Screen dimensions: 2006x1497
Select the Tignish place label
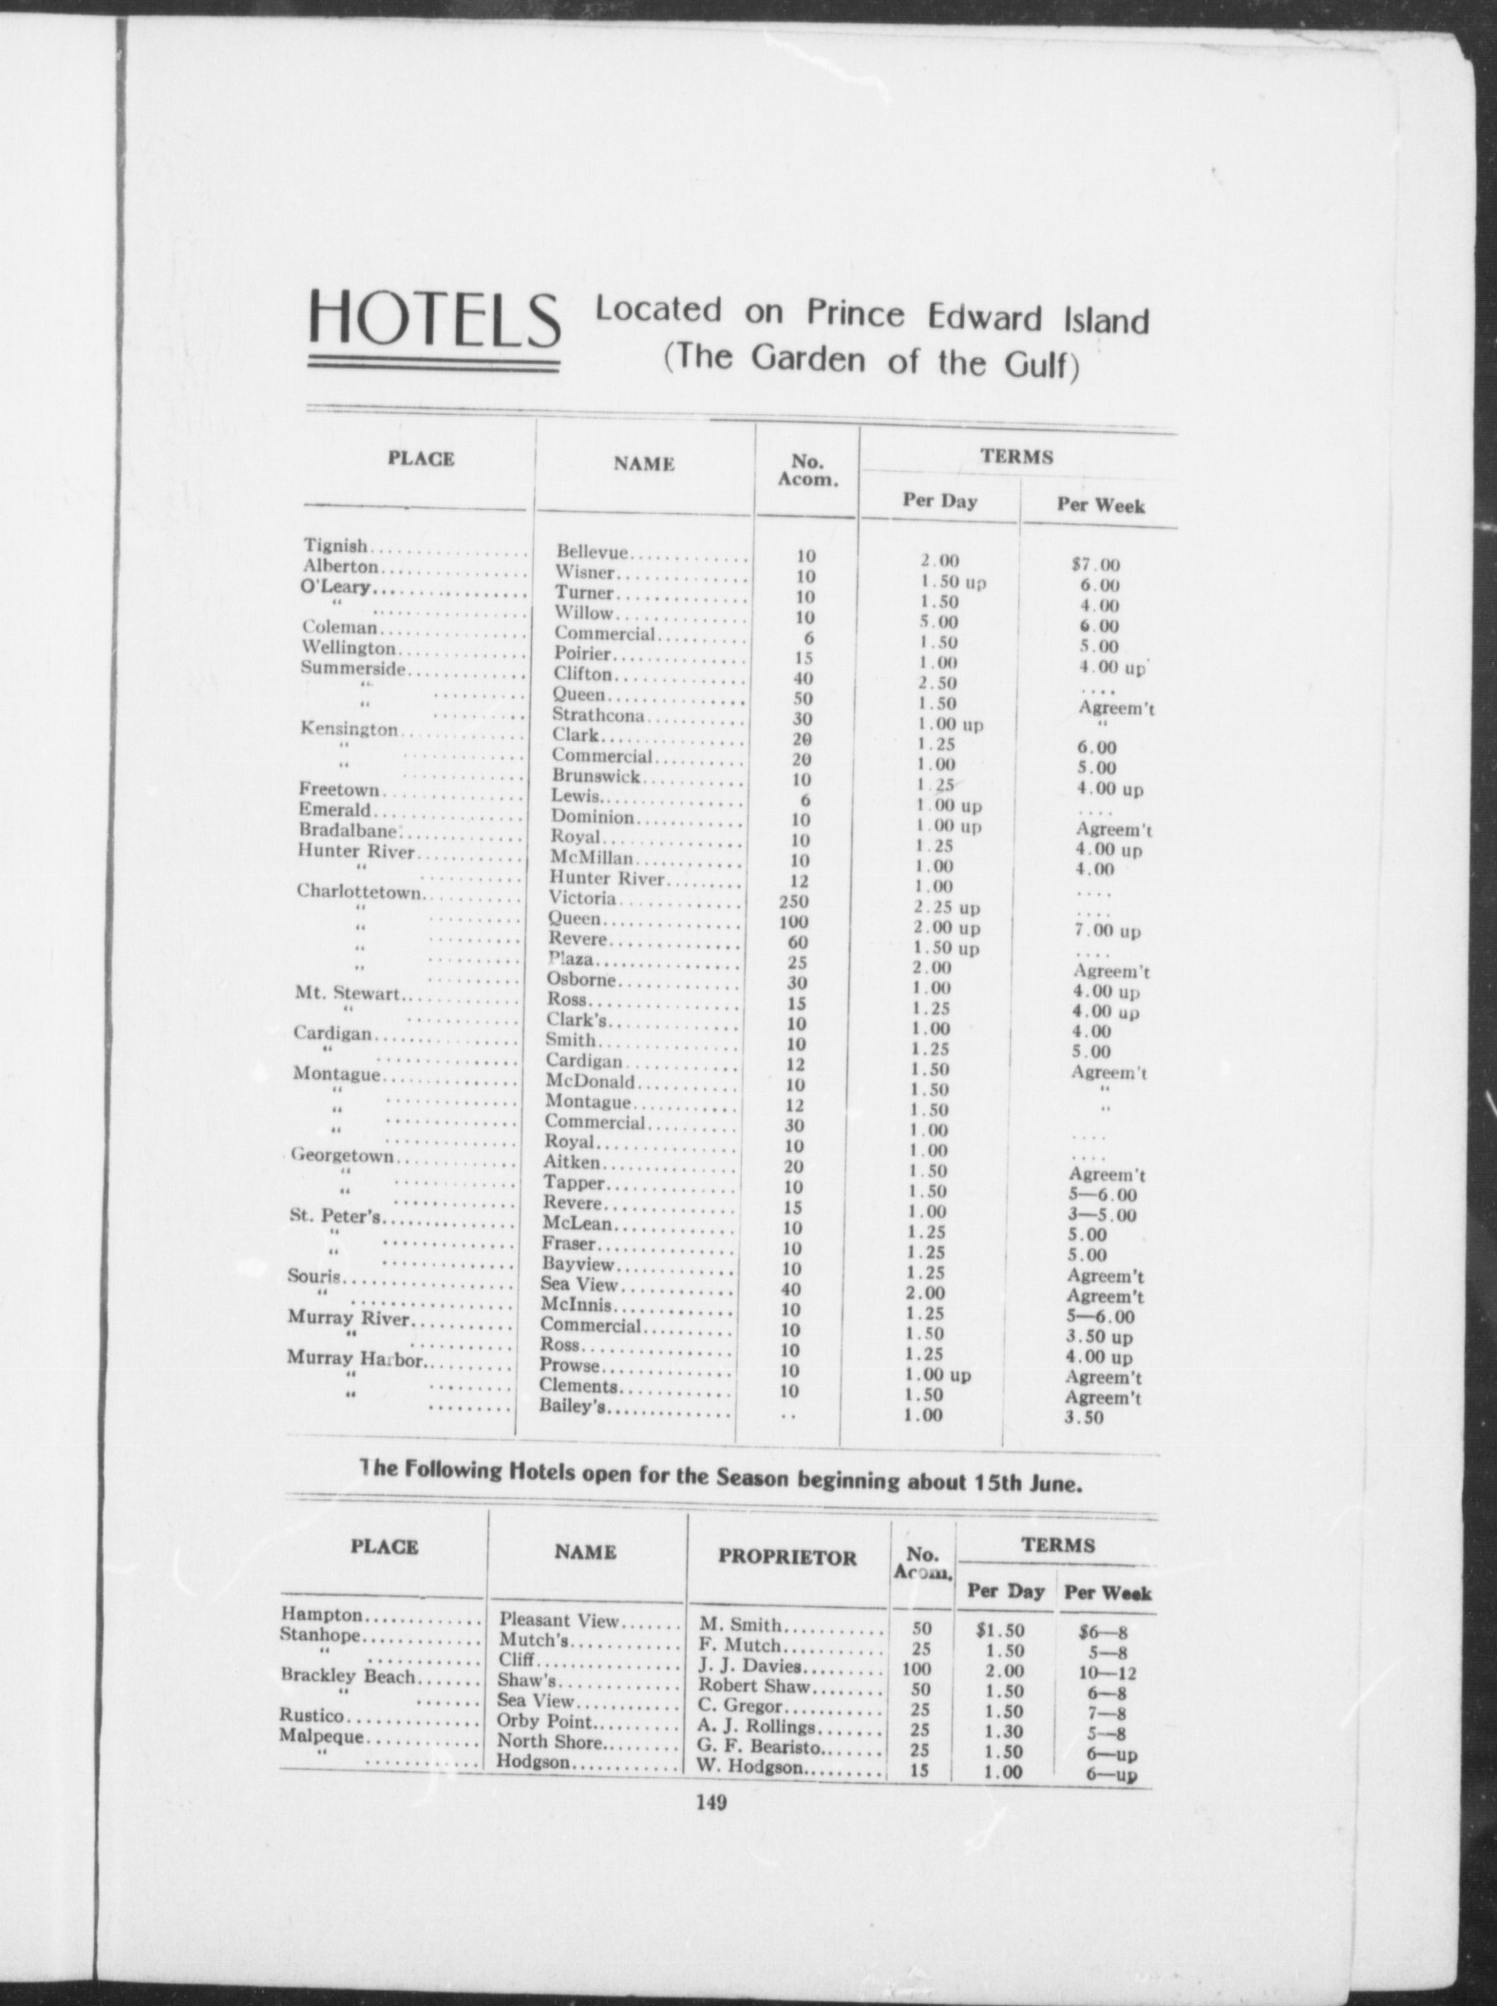tap(336, 546)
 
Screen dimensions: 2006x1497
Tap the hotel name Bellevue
tap(593, 552)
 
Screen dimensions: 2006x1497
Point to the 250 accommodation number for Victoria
tap(794, 902)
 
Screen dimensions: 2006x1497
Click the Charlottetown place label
tap(358, 892)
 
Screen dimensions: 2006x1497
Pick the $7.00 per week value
tap(1094, 566)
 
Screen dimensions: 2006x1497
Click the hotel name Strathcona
tap(598, 715)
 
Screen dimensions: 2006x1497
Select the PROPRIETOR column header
tap(786, 1557)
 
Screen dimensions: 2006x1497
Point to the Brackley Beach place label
tap(348, 1676)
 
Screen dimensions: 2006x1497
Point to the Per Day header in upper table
tap(939, 501)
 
